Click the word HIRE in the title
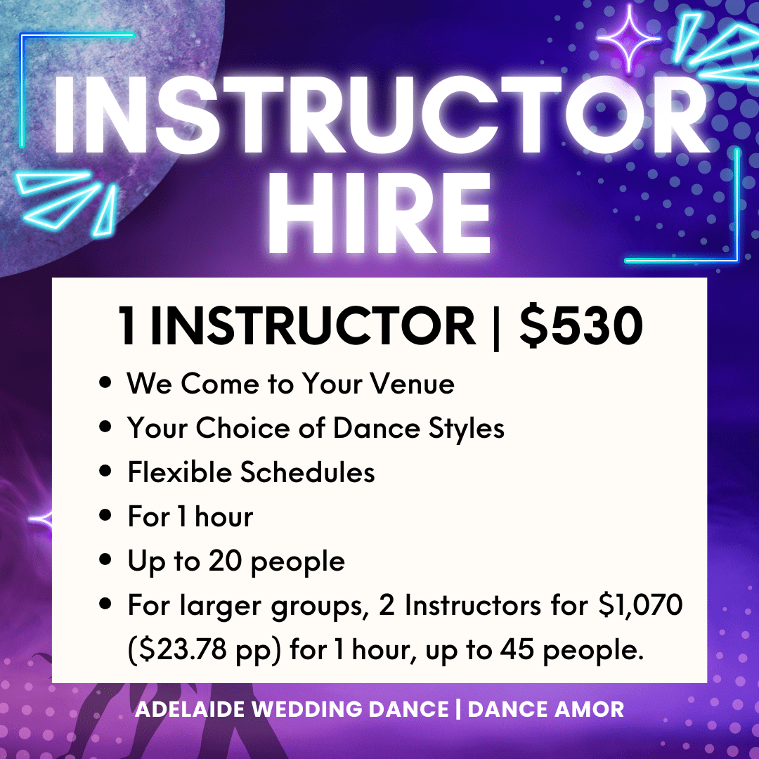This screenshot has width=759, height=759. click(x=379, y=213)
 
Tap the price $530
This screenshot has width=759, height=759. click(x=581, y=325)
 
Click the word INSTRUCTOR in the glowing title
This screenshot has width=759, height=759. click(x=380, y=115)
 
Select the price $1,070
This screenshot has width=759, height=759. click(x=640, y=605)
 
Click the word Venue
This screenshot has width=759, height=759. click(x=413, y=384)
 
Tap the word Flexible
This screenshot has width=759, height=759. click(x=180, y=472)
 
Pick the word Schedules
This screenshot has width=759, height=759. click(x=307, y=472)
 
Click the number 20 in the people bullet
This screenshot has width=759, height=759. click(x=226, y=561)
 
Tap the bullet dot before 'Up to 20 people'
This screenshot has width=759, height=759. click(x=105, y=559)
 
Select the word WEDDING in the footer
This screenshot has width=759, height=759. click(x=307, y=709)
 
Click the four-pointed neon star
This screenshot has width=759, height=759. click(x=629, y=38)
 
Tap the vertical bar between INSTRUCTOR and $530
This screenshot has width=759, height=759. click(x=495, y=326)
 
